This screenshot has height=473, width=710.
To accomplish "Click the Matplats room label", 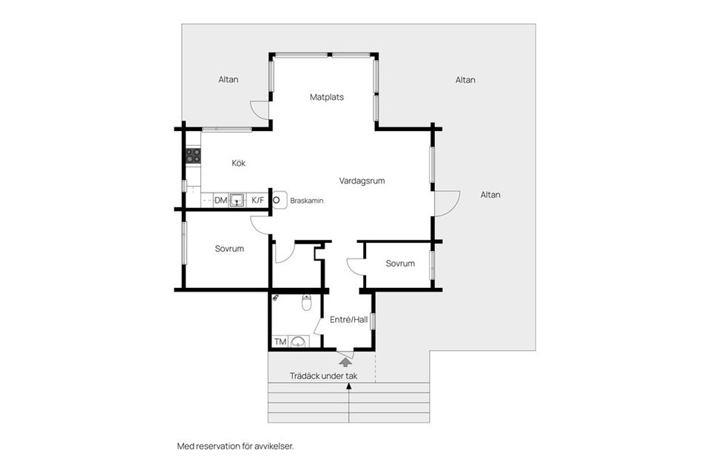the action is pos(326,97).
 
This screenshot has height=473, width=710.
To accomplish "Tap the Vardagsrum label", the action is pos(362,181).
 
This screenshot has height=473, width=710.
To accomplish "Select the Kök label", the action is pos(238,163).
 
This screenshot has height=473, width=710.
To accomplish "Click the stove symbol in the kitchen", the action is pos(193,156).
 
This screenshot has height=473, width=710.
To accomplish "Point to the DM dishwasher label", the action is pos(220,201).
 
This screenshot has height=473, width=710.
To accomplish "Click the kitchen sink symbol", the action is pos(237,200).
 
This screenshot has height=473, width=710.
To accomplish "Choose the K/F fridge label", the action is pos(257,200).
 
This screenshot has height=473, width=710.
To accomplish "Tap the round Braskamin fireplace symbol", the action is pos(276,200).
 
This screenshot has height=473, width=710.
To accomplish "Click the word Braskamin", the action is pos(306,201).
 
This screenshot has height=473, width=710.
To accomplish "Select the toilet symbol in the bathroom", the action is pos(306,303).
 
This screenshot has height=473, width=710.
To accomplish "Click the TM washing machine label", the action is pos(280,342).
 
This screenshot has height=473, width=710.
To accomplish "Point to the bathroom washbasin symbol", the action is pos(297,342).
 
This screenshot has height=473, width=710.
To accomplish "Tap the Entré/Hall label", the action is pos(348,320).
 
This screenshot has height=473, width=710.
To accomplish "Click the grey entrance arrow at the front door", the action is pos(345,361).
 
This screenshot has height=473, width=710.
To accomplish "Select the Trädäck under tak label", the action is pos(323,376).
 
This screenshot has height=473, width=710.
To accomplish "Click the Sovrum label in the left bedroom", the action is pos(229,249).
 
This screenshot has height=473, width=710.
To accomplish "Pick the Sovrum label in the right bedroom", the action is pos(400,264).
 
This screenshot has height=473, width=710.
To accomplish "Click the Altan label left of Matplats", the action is pos(229,80).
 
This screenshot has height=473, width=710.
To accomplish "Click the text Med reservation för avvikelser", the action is pos(235,446).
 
